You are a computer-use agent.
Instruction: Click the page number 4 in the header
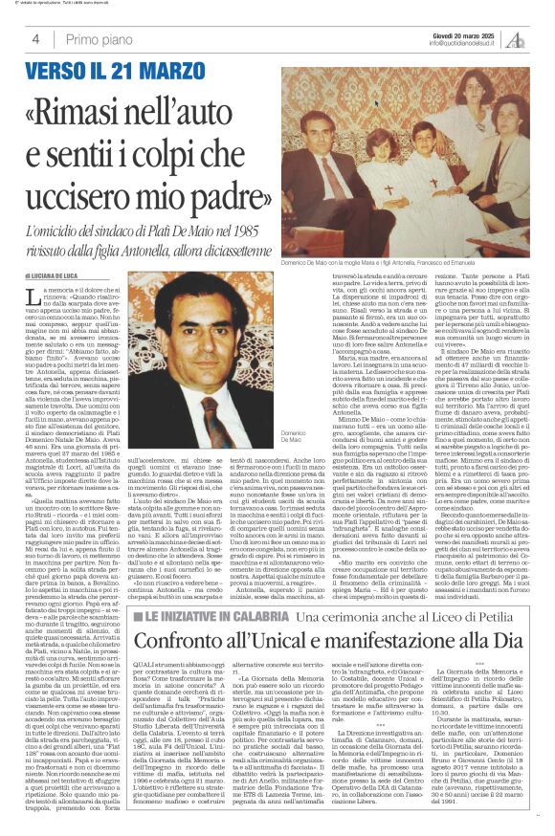(33, 39)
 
